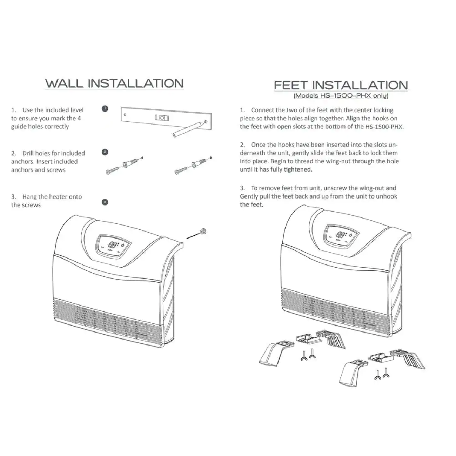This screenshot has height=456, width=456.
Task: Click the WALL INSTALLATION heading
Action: pos(114,83)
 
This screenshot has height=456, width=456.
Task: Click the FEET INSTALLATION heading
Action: pos(341,85)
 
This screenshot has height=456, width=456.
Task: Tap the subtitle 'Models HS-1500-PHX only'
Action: pos(341,96)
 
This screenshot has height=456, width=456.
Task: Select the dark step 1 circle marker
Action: pos(105,109)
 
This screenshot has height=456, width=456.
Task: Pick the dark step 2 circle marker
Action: pos(105,152)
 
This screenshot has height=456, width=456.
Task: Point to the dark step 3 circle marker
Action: pos(105,202)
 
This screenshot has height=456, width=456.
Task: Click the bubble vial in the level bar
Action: pos(162,118)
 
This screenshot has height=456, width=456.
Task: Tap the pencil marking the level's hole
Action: pos(189,129)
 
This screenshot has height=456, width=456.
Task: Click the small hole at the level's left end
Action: pos(125,115)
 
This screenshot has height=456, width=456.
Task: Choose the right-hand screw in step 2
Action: pos(181,170)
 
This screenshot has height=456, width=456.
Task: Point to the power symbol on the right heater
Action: pos(351,235)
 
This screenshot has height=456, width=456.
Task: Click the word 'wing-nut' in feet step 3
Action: pos(372,188)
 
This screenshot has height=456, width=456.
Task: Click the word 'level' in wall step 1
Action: pos(76,110)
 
